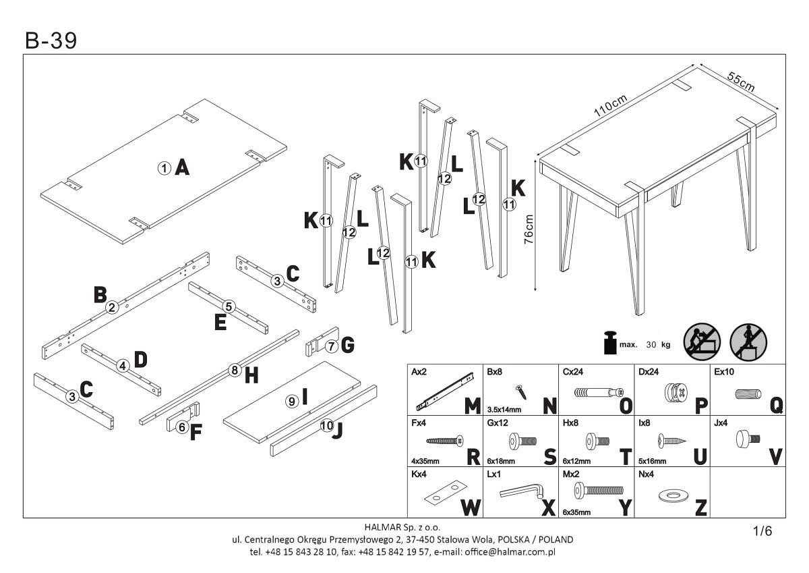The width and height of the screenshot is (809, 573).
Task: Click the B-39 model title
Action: pyautogui.click(x=51, y=41)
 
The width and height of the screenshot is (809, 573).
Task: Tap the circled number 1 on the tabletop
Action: pyautogui.click(x=164, y=168)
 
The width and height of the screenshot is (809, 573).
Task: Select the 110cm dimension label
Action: pyautogui.click(x=611, y=106)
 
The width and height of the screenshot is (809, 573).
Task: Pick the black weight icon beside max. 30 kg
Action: pyautogui.click(x=609, y=342)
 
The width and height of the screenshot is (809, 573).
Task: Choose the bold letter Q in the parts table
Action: pyautogui.click(x=776, y=404)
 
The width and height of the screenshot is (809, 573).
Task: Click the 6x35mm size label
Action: pyautogui.click(x=576, y=512)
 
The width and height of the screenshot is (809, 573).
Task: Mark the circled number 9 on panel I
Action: pyautogui.click(x=292, y=401)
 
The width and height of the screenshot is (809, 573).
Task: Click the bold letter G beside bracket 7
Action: pyautogui.click(x=347, y=346)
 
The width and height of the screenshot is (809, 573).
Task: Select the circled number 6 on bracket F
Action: pyautogui.click(x=182, y=427)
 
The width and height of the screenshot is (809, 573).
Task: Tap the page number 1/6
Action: pyautogui.click(x=762, y=531)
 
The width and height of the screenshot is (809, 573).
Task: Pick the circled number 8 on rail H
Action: pyautogui.click(x=235, y=370)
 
